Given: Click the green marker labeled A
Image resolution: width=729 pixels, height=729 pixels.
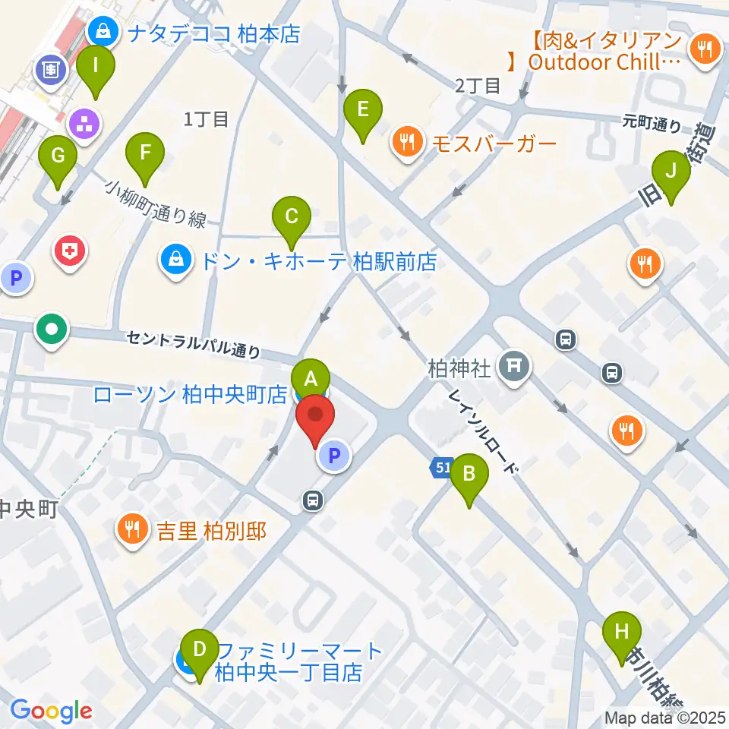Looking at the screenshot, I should click(310, 377).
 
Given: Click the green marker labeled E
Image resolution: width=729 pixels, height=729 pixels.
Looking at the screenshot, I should click(363, 110).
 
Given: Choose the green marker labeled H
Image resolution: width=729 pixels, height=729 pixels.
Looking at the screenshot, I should click(621, 632).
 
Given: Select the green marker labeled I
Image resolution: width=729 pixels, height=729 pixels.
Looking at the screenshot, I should click(96, 66).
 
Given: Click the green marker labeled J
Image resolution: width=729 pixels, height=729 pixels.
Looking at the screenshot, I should click(671, 172).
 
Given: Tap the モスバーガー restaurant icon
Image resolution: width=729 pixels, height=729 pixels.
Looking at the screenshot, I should click(408, 142).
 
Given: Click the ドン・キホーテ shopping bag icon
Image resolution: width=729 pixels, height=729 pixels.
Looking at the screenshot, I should click(176, 261).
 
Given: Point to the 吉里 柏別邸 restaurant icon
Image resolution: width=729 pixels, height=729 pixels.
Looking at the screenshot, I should click(134, 529).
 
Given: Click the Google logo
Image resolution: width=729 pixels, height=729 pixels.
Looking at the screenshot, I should click(52, 710).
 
